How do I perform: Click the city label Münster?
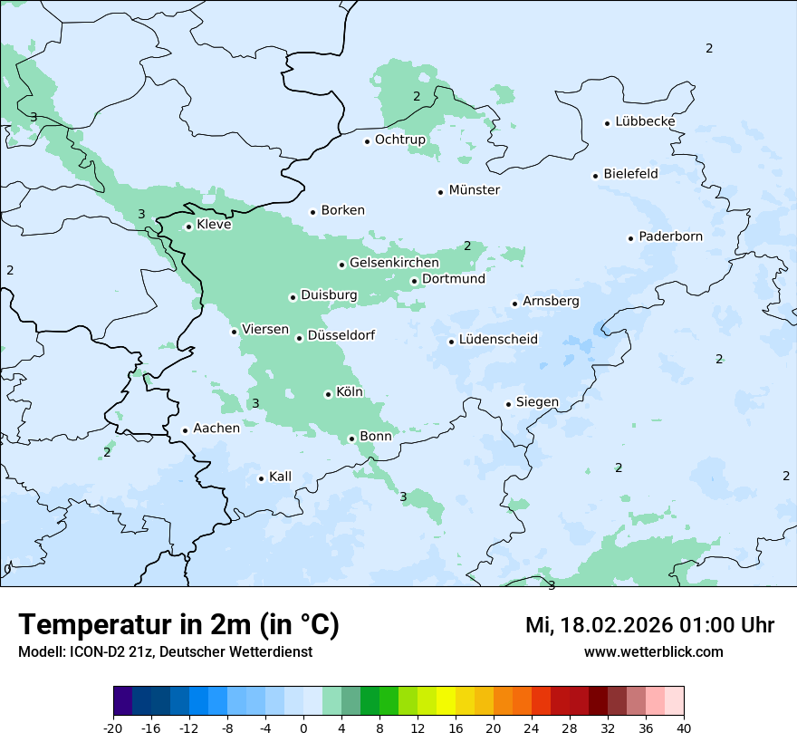pyautogui.click(x=474, y=190)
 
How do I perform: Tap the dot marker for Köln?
pyautogui.click(x=328, y=394)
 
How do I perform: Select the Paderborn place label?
pyautogui.click(x=670, y=236)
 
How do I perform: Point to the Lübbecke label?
pyautogui.click(x=645, y=121)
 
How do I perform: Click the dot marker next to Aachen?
pyautogui.click(x=185, y=431)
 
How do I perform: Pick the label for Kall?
pyautogui.click(x=280, y=477)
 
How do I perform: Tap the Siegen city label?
pyautogui.click(x=537, y=402)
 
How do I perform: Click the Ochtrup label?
pyautogui.click(x=399, y=140)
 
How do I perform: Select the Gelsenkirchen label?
pyautogui.click(x=394, y=263)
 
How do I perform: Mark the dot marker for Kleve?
pyautogui.click(x=188, y=227)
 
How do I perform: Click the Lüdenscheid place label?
pyautogui.click(x=498, y=340)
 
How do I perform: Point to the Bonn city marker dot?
pyautogui.click(x=351, y=439)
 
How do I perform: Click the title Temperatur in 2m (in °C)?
pyautogui.click(x=178, y=625)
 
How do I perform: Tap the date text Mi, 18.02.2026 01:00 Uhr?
pyautogui.click(x=649, y=625)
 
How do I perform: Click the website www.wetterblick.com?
pyautogui.click(x=653, y=651)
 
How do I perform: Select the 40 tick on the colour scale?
pyautogui.click(x=683, y=728)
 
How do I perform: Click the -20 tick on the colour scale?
pyautogui.click(x=113, y=728)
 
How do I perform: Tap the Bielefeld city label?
pyautogui.click(x=630, y=173)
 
